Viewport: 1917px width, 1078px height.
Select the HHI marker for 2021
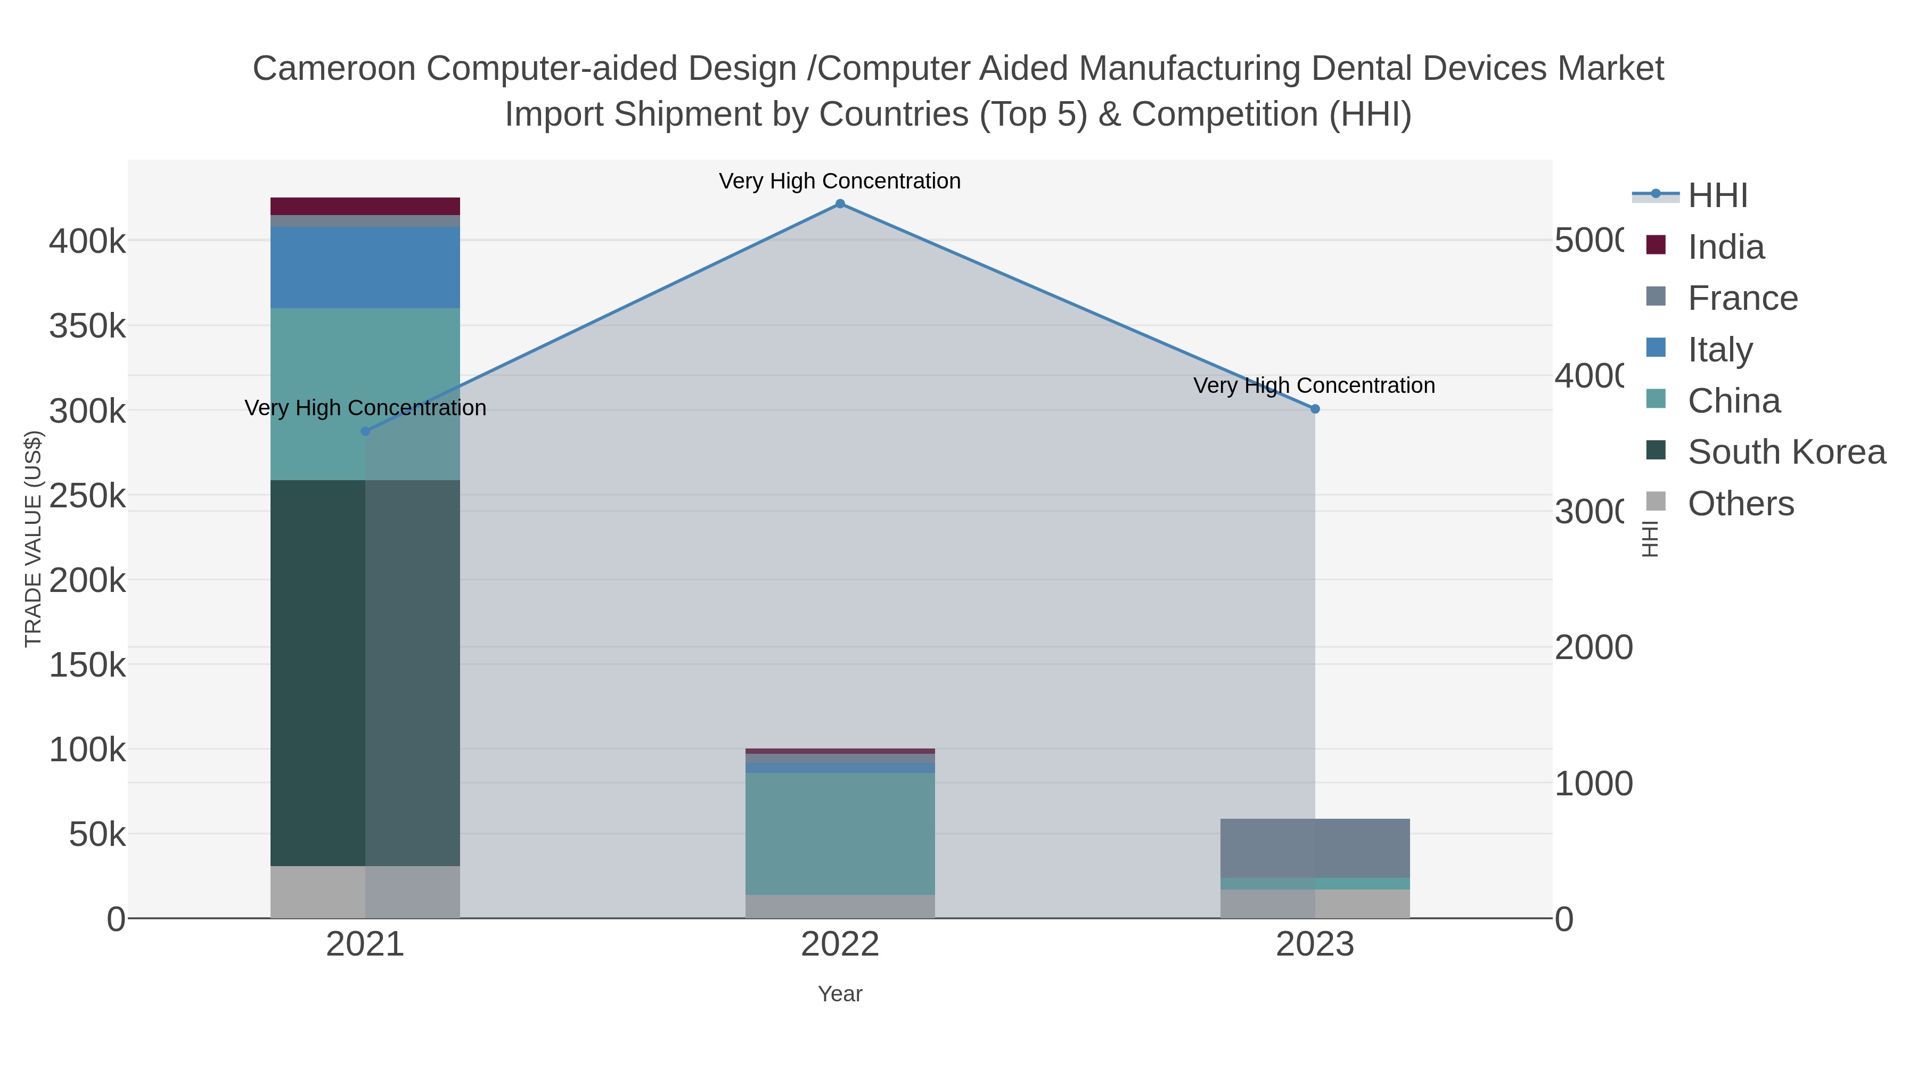365,432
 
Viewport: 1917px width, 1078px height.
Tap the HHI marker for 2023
1315,409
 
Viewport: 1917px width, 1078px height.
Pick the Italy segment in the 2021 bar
365,268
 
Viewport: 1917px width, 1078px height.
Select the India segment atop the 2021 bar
365,206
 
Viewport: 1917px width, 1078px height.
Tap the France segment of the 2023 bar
1315,848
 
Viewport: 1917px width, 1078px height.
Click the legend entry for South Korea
1786,452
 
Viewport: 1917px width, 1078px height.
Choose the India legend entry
1725,247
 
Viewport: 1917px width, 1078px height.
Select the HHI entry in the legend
1717,196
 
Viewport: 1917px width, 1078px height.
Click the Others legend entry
1740,504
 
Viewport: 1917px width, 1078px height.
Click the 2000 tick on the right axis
1593,647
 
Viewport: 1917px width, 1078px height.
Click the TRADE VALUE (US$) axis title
34,539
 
